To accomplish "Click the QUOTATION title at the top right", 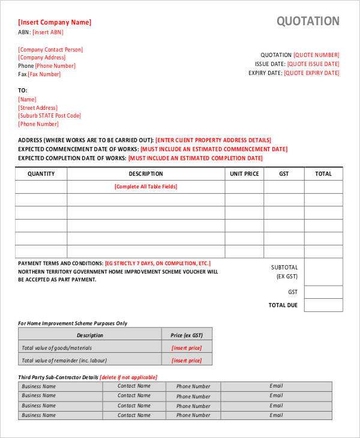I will [308, 22].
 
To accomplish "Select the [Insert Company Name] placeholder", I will [55, 22].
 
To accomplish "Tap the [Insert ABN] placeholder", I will [47, 32].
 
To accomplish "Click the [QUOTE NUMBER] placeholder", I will [316, 55].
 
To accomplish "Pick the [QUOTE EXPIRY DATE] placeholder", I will [311, 73].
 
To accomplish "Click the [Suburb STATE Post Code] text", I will [49, 116].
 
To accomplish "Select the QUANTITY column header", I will [41, 173].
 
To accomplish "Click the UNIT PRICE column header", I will [244, 173].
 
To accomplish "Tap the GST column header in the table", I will [284, 173].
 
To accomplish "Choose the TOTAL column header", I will [323, 173].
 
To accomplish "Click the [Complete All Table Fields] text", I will [146, 187].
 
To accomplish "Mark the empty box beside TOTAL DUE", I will [323, 305].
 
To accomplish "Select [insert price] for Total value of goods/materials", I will [187, 348].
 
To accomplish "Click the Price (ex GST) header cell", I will [187, 335].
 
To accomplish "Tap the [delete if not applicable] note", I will [129, 377].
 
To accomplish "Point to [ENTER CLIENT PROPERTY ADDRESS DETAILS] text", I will [214, 140].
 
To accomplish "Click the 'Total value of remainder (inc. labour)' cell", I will [90, 361].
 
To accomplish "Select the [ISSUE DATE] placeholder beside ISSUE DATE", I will [313, 64].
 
